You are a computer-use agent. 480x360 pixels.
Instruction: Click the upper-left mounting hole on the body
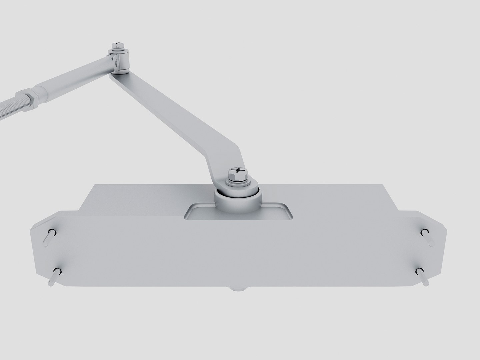[53, 232]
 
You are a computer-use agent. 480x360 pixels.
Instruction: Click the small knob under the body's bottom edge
[237, 289]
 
